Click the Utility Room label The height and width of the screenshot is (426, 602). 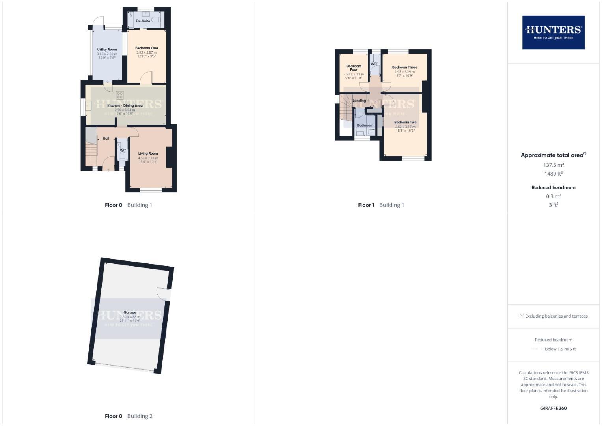[x=107, y=50]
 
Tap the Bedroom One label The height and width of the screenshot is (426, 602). [x=147, y=48]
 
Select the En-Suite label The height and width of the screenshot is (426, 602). [x=143, y=21]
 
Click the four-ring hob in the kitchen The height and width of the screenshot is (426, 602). [x=120, y=95]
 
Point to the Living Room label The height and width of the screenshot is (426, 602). [x=148, y=153]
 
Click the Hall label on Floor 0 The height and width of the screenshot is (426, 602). [x=106, y=138]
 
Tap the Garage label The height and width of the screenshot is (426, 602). [x=130, y=312]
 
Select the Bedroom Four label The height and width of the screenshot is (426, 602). [x=354, y=68]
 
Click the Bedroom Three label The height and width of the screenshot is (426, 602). [x=404, y=67]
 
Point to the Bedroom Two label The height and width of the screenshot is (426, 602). [x=405, y=123]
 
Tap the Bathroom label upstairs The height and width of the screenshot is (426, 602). [x=365, y=125]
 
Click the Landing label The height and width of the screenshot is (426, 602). [x=359, y=101]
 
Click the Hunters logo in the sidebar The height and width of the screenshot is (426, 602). [x=553, y=32]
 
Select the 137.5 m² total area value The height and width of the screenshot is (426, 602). [x=554, y=165]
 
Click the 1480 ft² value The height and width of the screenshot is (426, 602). [x=554, y=174]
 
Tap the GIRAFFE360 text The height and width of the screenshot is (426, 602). [x=554, y=408]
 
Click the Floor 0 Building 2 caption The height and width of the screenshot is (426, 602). [x=129, y=416]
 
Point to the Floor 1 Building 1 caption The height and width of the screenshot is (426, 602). [x=381, y=205]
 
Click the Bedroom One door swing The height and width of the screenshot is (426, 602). [x=146, y=78]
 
